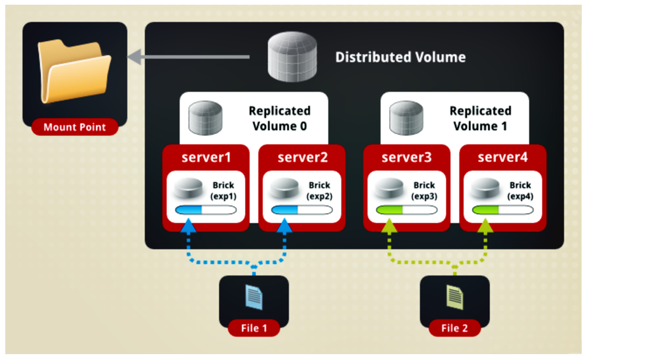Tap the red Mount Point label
75,127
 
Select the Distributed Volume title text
401,57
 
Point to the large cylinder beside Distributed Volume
291,57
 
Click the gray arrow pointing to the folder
188,57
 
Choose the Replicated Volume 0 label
280,118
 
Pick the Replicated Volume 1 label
480,118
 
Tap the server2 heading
301,157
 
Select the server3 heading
406,157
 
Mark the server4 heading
502,157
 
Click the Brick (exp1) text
223,191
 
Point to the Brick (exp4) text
521,191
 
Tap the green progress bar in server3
406,210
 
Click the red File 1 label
254,328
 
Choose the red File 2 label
454,328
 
